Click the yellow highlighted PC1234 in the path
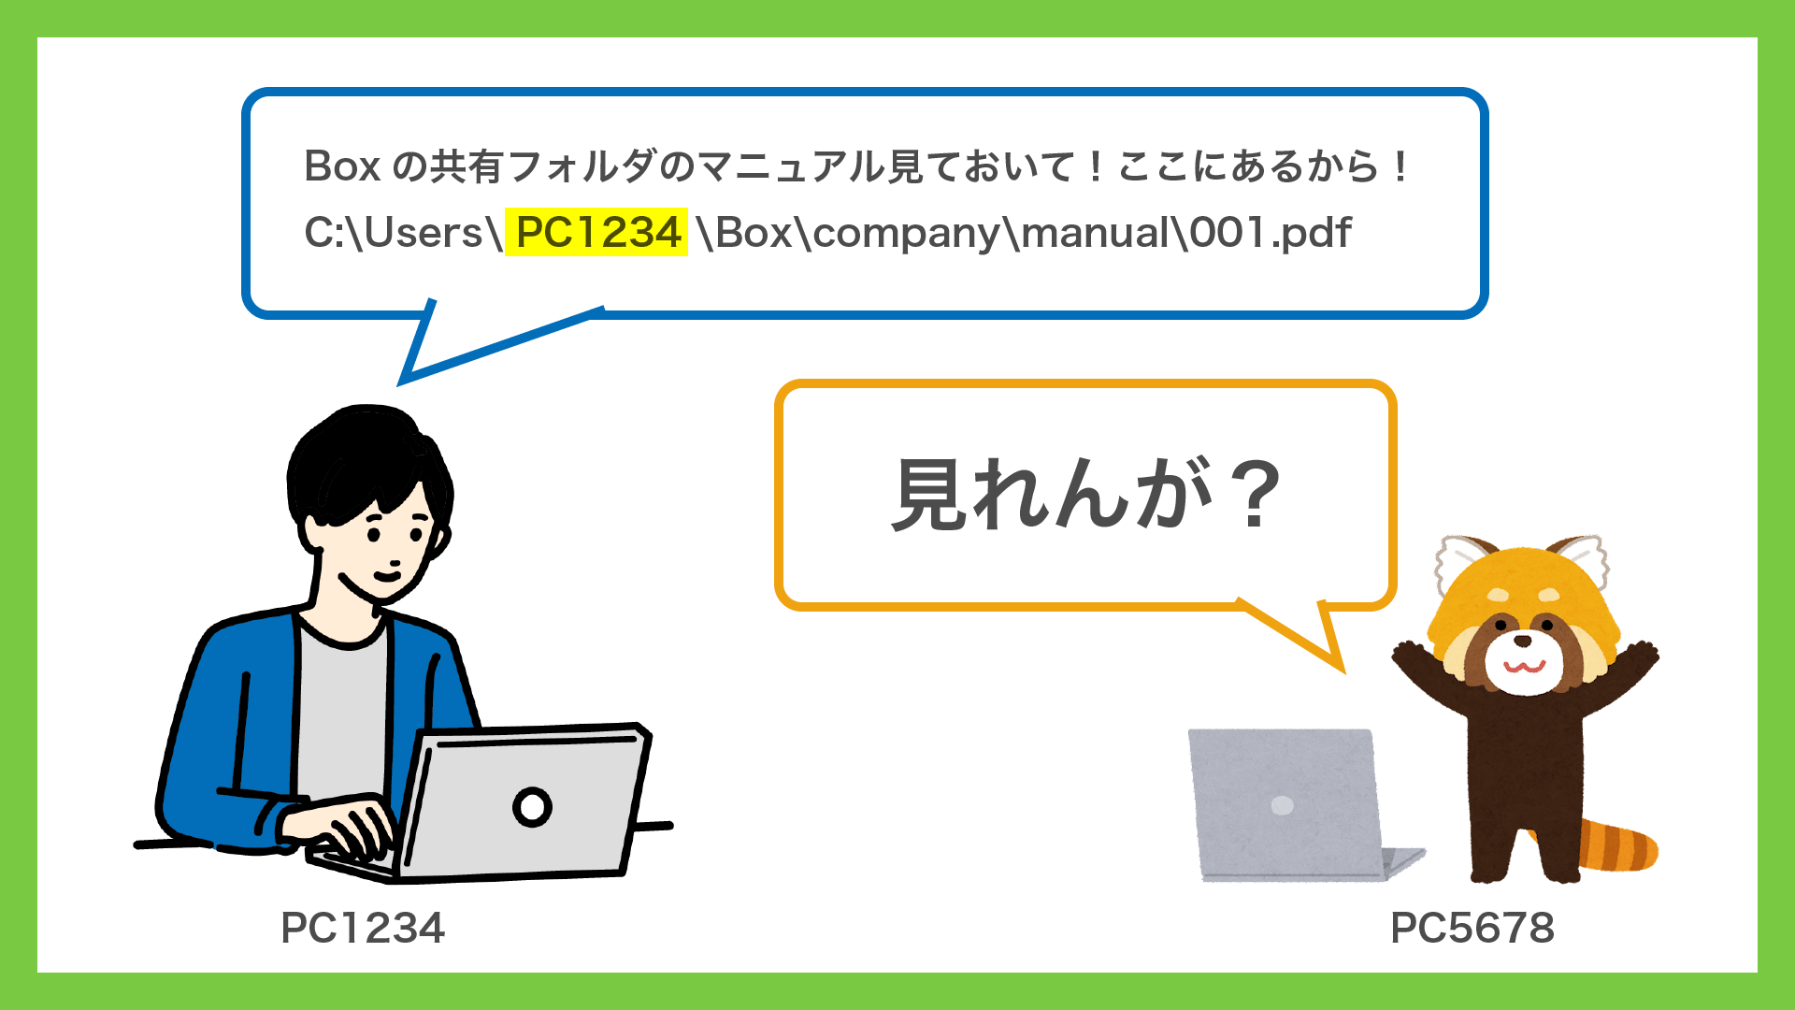point(597,232)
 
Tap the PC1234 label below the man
point(363,928)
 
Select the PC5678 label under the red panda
point(1472,928)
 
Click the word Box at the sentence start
point(342,166)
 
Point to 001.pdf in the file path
point(1271,233)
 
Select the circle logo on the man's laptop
point(532,806)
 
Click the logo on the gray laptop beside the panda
point(1282,805)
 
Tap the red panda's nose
point(1523,641)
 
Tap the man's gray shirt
point(341,711)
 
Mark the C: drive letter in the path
point(323,232)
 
